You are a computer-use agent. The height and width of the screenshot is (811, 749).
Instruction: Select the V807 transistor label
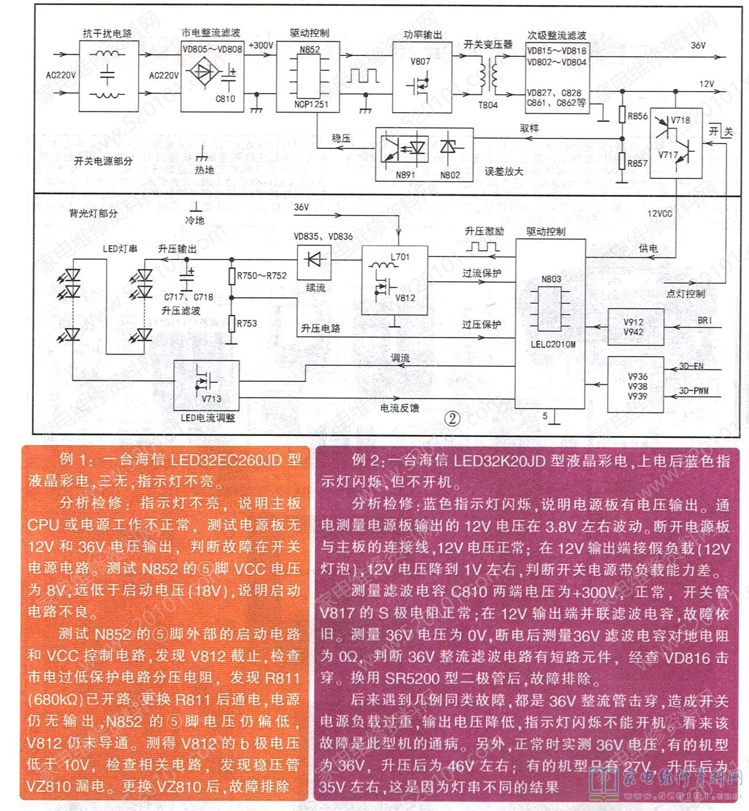pyautogui.click(x=420, y=62)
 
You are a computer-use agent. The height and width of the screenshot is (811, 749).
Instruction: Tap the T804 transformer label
pyautogui.click(x=487, y=105)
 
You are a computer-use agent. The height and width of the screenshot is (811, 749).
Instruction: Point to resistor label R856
pyautogui.click(x=637, y=116)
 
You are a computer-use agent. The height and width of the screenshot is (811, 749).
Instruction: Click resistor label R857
pyautogui.click(x=637, y=163)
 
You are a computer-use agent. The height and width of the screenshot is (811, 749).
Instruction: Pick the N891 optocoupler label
pyautogui.click(x=405, y=175)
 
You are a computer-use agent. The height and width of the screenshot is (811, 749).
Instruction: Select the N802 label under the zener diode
pyautogui.click(x=450, y=175)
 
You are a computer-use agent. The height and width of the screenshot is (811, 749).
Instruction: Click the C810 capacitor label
pyautogui.click(x=225, y=99)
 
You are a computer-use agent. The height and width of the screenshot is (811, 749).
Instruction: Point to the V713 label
pyautogui.click(x=211, y=399)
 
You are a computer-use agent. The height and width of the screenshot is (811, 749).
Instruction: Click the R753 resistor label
pyautogui.click(x=247, y=323)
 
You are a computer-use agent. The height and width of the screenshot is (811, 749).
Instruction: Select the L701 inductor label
pyautogui.click(x=399, y=257)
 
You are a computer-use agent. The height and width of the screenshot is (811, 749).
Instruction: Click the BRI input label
pyautogui.click(x=705, y=320)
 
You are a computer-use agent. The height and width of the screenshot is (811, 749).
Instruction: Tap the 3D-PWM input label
pyautogui.click(x=693, y=391)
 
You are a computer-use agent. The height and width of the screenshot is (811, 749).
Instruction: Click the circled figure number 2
pyautogui.click(x=452, y=418)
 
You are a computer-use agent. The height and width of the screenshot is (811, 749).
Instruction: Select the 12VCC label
pyautogui.click(x=659, y=213)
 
